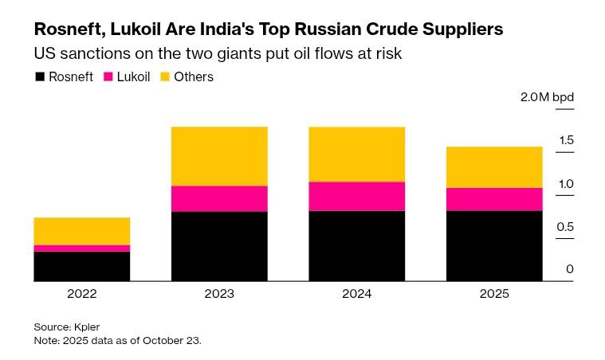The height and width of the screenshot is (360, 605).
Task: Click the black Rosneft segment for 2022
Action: pos(82,266)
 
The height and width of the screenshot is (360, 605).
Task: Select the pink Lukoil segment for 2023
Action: pos(219,198)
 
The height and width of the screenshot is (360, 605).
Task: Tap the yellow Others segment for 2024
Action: pos(356,154)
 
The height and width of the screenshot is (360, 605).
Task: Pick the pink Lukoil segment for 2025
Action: pos(494,199)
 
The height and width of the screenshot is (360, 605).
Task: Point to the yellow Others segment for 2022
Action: pos(82,231)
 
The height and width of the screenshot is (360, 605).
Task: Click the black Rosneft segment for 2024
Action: pos(356,245)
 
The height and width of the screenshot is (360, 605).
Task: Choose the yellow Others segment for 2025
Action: pos(494,167)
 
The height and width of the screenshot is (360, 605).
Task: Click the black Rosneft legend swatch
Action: pos(39,77)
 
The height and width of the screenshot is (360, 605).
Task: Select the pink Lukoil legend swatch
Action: pos(110,77)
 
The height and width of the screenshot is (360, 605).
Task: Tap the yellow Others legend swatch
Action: pos(166,77)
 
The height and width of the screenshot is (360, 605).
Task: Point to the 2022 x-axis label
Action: pos(82,294)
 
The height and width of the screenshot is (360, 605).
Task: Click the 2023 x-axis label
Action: pos(219,294)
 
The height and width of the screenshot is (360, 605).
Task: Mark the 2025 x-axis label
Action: pos(494,294)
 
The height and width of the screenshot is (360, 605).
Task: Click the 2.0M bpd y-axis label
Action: pos(547,98)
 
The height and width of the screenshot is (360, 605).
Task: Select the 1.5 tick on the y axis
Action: pos(566,141)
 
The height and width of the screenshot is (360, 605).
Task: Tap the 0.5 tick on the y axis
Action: pos(566,227)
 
